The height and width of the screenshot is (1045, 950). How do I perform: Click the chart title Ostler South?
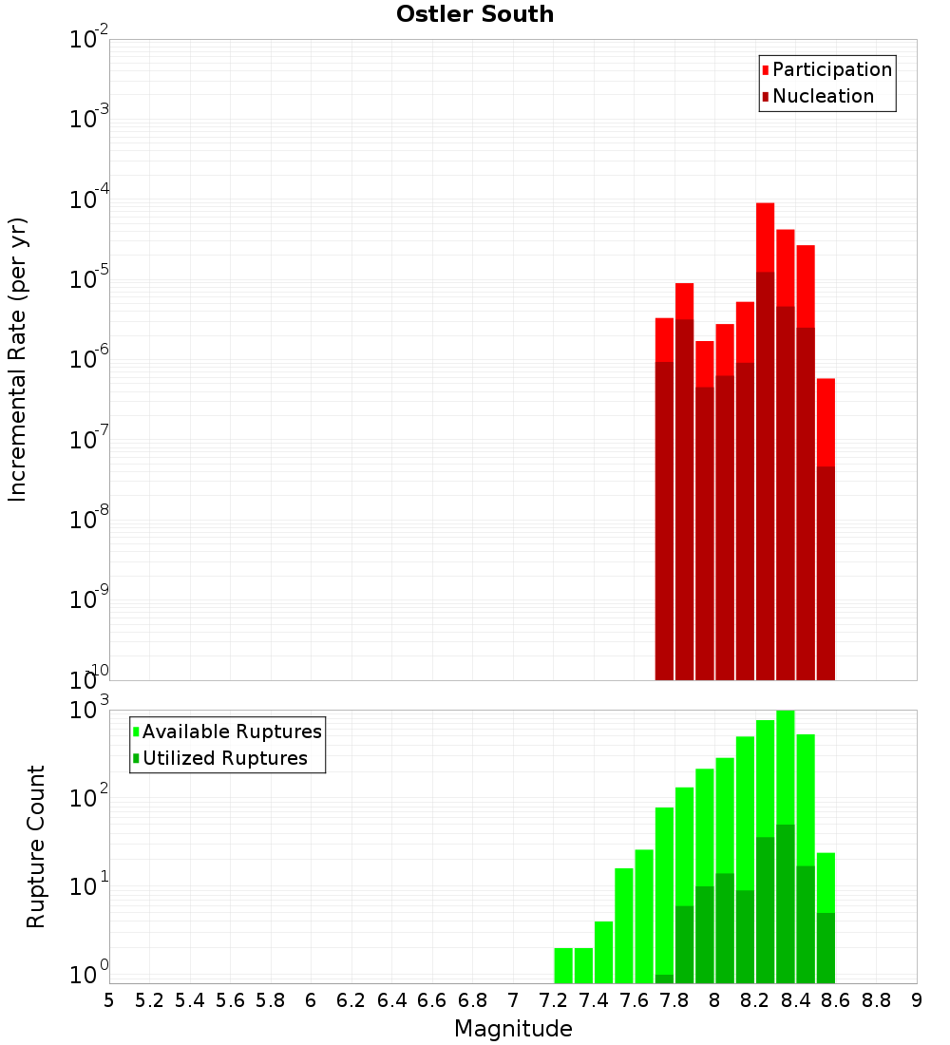475,14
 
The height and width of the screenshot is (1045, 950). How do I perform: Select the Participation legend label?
832,69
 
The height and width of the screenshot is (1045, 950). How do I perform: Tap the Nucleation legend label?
823,96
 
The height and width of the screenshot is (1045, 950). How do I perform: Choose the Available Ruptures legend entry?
232,731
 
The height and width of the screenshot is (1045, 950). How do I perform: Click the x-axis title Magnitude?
513,1029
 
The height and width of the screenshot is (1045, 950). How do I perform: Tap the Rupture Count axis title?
36,846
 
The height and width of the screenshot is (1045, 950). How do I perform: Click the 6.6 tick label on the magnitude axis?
432,1000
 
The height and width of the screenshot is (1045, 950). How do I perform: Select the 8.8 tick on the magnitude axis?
876,1000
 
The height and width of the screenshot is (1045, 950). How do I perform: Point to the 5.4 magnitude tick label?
190,1000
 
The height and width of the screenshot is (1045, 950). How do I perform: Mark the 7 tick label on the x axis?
513,1000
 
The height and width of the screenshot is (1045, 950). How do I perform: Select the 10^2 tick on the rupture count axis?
88,798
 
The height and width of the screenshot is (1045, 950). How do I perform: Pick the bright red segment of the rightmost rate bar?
826,422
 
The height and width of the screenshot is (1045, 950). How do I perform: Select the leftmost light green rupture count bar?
563,964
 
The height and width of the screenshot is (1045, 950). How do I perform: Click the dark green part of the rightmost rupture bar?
826,947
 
